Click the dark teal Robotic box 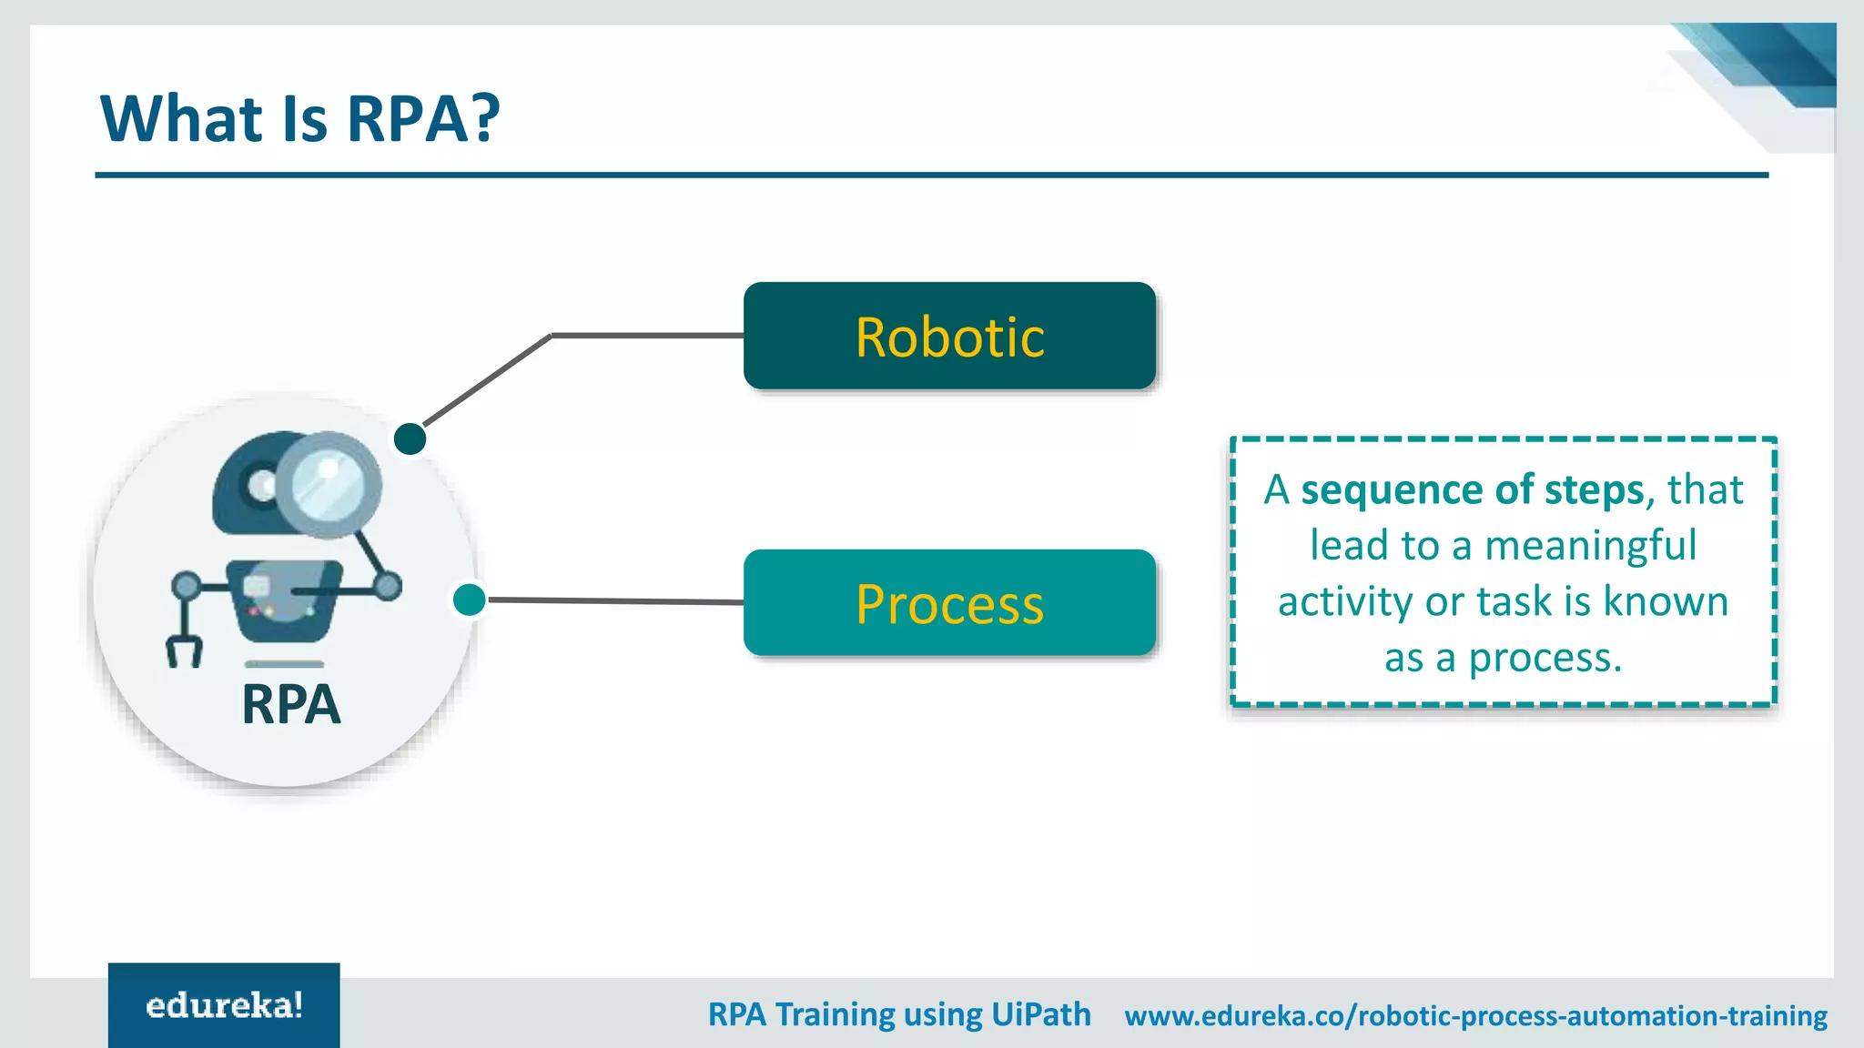pos(949,336)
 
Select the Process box pos(949,602)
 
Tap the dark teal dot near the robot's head pos(410,438)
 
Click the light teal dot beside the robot pos(469,600)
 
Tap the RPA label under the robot pos(291,705)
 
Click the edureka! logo pos(224,1005)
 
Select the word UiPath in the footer pos(1040,1014)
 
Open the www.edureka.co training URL pos(1475,1015)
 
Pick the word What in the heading pos(182,118)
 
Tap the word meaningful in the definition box pos(1590,546)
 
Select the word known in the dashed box pos(1665,601)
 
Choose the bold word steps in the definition pos(1593,489)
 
